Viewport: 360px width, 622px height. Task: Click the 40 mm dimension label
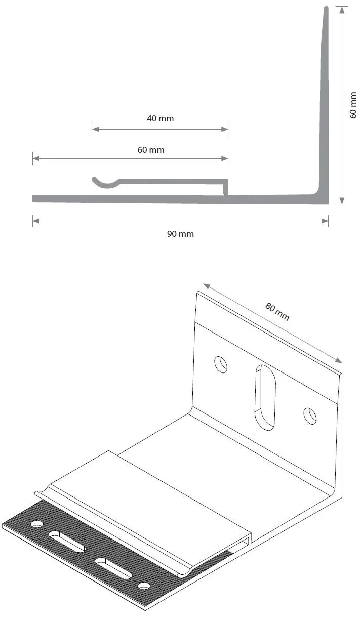pos(161,118)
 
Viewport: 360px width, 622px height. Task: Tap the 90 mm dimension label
pos(180,234)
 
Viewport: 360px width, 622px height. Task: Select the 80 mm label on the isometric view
pos(277,311)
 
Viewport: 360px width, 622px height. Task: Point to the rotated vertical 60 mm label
pos(353,105)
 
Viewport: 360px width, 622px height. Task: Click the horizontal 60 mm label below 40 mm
pos(151,150)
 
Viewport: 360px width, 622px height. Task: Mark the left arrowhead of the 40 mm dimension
pos(96,129)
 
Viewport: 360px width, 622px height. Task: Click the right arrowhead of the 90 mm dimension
pos(325,221)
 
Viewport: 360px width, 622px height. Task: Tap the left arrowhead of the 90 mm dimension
pos(36,221)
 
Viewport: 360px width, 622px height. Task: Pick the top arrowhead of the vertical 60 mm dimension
pos(342,10)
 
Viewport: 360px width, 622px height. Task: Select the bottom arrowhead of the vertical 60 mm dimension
pos(342,200)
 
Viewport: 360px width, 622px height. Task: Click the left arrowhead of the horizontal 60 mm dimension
pos(36,158)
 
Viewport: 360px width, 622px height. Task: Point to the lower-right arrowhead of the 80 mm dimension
pos(338,360)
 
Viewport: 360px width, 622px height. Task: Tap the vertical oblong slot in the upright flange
pos(265,397)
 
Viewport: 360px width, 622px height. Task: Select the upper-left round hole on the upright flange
pos(221,364)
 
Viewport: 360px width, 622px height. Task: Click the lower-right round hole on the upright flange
pos(310,416)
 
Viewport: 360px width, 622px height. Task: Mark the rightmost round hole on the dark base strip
pos(144,586)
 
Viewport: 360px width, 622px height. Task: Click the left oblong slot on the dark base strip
pos(66,541)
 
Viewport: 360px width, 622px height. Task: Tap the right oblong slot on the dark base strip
pos(113,568)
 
